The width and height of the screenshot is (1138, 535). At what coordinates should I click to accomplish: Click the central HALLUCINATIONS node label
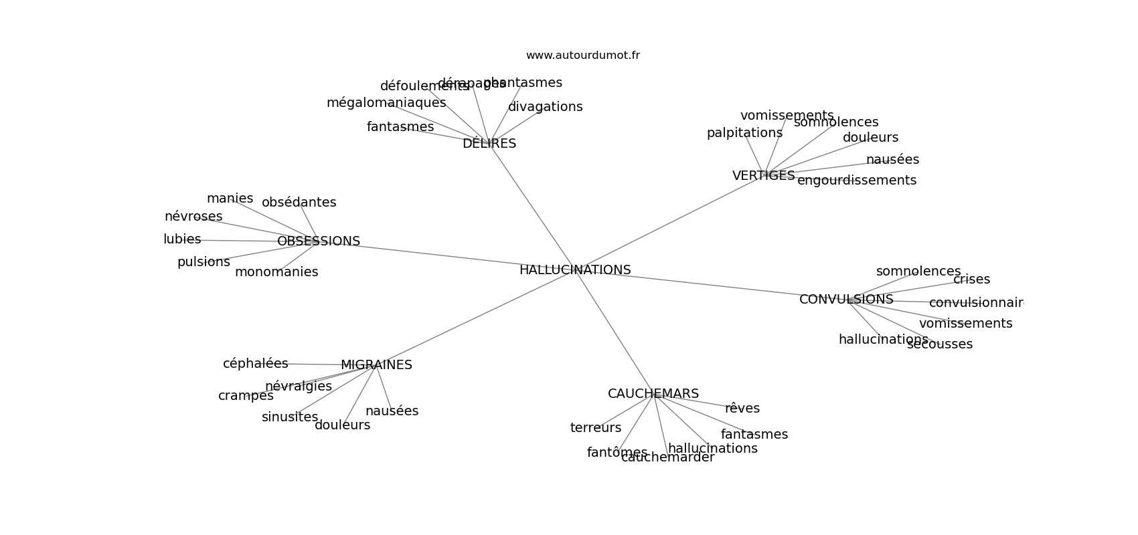[x=575, y=270]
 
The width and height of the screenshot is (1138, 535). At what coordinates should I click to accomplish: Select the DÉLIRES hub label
[x=489, y=144]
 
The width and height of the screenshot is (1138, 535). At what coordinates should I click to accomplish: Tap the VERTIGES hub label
[x=763, y=176]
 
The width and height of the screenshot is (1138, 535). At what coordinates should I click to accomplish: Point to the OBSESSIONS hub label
[x=319, y=241]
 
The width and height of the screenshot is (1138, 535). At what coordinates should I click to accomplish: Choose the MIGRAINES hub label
[x=376, y=365]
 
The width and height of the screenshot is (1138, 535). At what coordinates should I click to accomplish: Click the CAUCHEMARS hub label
[x=653, y=394]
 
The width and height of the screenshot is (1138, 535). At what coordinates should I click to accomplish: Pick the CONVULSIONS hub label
[x=846, y=300]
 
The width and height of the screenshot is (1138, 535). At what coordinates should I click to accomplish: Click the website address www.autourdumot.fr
[x=582, y=56]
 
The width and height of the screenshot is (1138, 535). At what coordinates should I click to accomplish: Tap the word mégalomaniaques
[x=386, y=103]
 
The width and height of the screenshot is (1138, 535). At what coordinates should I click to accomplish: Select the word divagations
[x=545, y=107]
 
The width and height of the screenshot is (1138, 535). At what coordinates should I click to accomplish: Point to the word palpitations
[x=744, y=133]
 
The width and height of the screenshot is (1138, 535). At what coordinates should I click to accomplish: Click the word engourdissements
[x=857, y=181]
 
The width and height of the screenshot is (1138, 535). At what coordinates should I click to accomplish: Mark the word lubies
[x=182, y=239]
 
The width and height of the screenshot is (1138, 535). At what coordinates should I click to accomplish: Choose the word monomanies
[x=276, y=272]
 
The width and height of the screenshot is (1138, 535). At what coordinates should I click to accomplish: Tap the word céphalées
[x=256, y=364]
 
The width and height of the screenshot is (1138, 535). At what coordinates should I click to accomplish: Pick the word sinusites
[x=290, y=417]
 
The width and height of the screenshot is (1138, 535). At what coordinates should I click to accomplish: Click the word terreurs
[x=596, y=428]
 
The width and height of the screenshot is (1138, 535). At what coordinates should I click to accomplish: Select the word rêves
[x=742, y=409]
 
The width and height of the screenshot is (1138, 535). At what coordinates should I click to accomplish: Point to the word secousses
[x=940, y=344]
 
